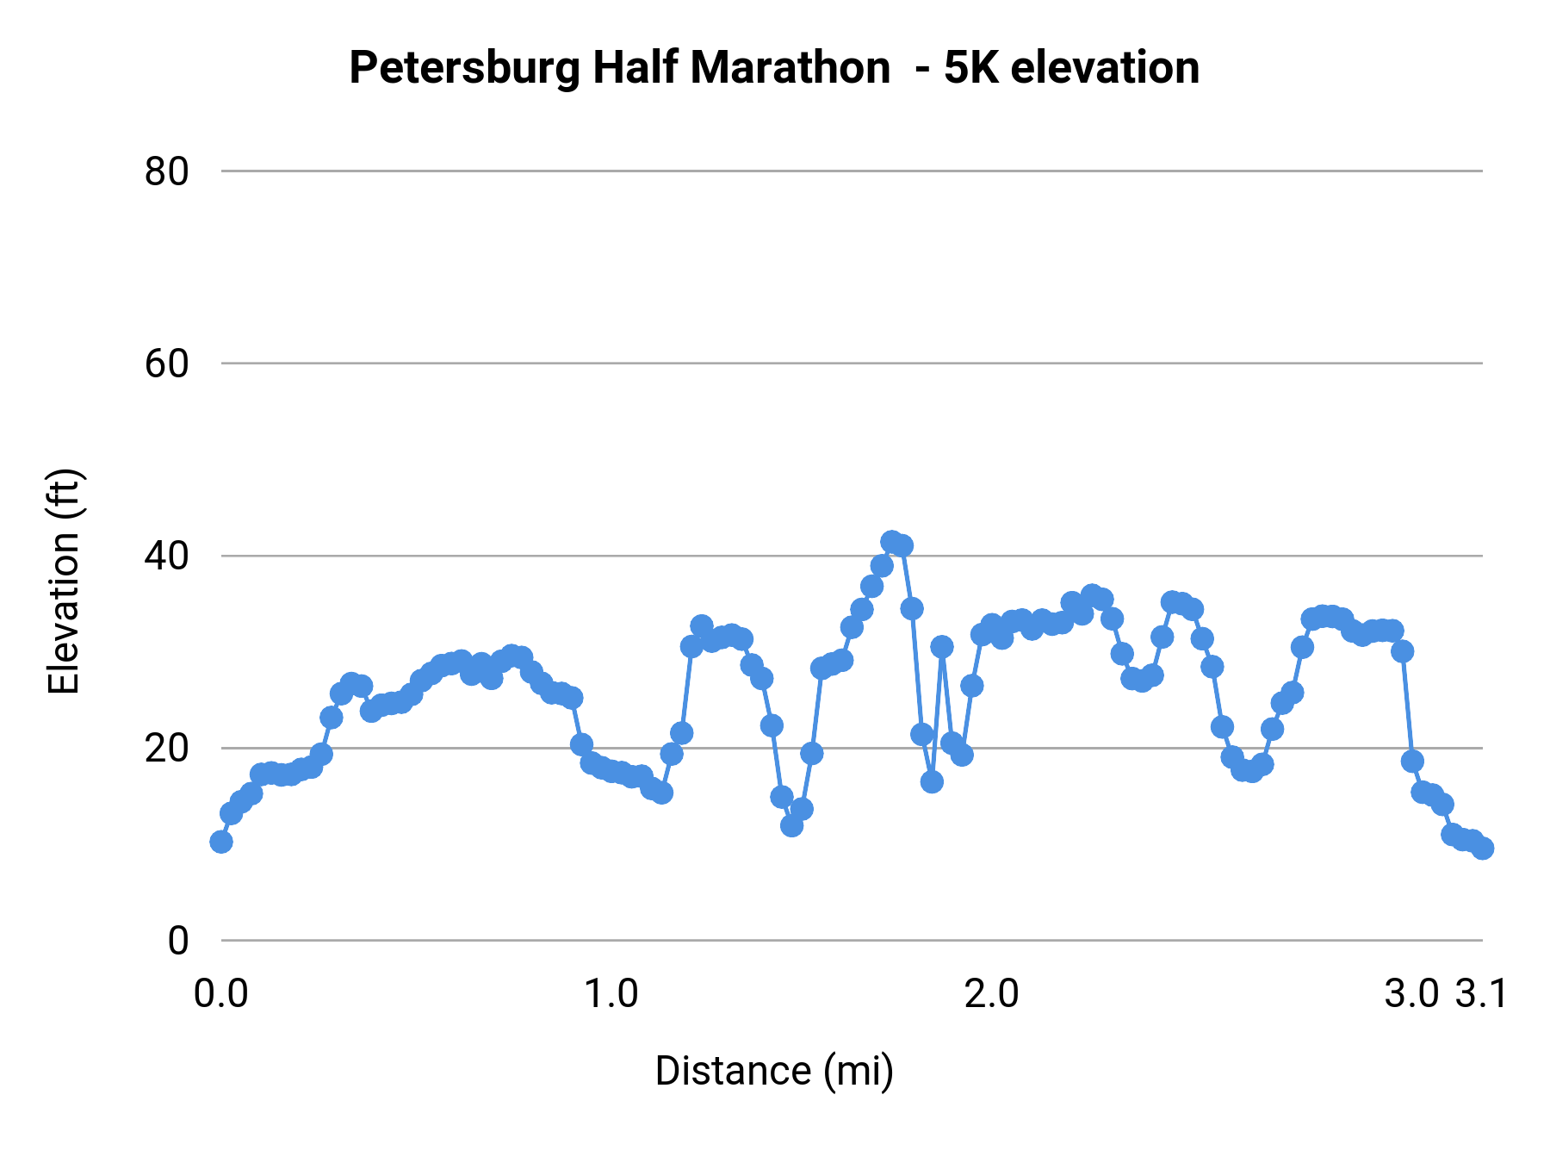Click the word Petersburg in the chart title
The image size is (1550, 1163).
coord(466,69)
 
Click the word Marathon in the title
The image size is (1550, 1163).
coord(790,67)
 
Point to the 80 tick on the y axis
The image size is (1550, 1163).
coord(166,171)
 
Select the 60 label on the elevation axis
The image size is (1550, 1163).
coord(166,364)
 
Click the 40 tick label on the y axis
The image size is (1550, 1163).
coord(166,556)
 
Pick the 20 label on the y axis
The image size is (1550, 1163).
coord(166,748)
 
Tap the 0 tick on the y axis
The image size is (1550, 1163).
coord(177,941)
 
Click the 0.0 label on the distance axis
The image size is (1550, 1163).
coord(221,994)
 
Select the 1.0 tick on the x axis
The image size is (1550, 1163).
coord(611,994)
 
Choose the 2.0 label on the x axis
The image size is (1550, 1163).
coord(991,994)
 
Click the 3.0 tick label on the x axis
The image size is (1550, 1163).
coord(1411,994)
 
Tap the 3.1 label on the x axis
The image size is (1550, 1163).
coord(1481,994)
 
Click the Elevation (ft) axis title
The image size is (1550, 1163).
coord(64,581)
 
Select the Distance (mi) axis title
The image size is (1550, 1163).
coord(774,1071)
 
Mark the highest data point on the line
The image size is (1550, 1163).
coord(892,542)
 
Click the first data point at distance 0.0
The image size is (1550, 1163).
coord(221,842)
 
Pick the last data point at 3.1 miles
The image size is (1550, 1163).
coord(1482,848)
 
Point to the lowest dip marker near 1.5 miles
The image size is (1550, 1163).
coord(791,825)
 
